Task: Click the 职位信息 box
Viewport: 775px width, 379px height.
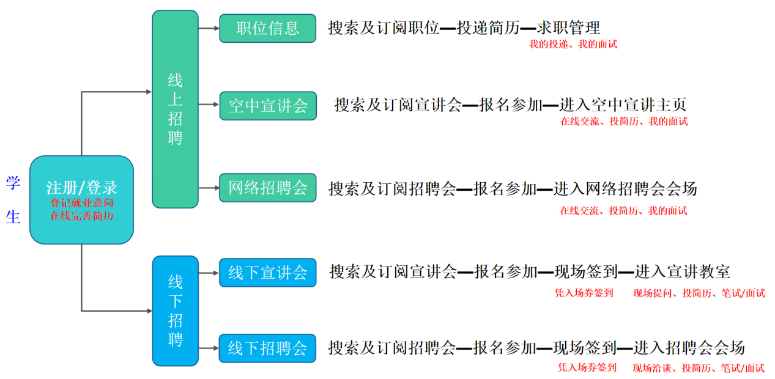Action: [x=267, y=28]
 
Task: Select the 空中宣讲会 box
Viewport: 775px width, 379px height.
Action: [x=268, y=106]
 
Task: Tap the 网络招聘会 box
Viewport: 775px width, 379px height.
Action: [x=267, y=188]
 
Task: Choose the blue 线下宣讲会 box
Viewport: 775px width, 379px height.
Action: [x=267, y=273]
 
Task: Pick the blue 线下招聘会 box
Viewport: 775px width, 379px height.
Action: [x=267, y=348]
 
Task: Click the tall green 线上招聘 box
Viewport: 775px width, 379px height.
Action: [x=175, y=109]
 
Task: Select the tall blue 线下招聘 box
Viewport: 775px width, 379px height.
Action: [x=176, y=311]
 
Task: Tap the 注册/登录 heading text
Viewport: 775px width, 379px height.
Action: [x=81, y=188]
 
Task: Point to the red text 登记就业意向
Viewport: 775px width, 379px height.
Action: [x=81, y=203]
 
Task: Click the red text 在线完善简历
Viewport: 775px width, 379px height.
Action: [x=81, y=216]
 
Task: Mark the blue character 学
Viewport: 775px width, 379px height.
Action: [x=13, y=183]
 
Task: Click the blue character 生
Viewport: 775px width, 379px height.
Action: [x=13, y=217]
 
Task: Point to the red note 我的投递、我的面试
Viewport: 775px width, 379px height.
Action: [x=573, y=44]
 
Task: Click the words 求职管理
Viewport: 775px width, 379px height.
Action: [x=568, y=28]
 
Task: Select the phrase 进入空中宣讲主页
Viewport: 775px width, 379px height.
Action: [x=623, y=105]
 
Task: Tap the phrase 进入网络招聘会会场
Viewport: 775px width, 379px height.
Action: [x=625, y=189]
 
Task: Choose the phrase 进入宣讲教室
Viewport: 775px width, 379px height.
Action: [x=682, y=272]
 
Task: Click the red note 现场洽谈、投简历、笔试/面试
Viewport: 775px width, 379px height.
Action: [x=699, y=368]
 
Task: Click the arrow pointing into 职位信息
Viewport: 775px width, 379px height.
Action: [x=209, y=28]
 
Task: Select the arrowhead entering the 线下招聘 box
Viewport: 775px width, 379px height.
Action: [x=149, y=311]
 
